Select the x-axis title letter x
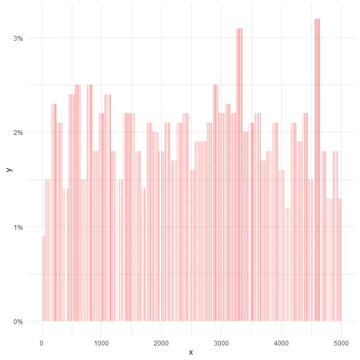point(191,352)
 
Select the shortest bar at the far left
point(43,279)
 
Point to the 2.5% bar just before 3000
point(215,204)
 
